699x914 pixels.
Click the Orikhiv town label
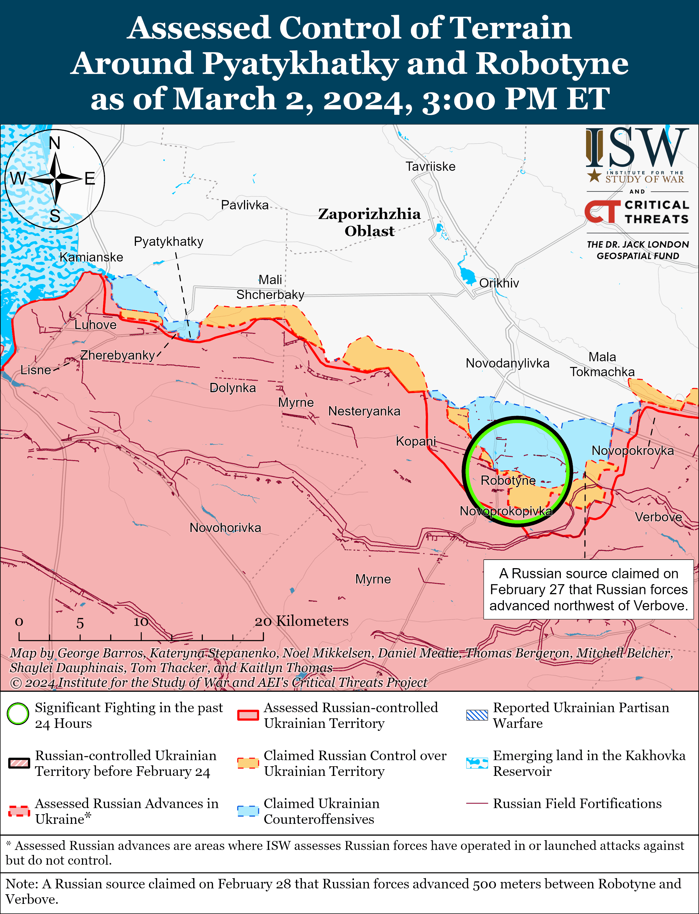tap(499, 283)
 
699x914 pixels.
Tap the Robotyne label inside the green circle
tap(508, 480)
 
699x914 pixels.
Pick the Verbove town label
tap(658, 517)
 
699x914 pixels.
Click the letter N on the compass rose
tap(55, 143)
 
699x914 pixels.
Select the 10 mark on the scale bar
tap(141, 622)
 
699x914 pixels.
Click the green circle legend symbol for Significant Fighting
tap(18, 714)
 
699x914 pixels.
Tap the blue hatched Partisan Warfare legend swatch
tap(477, 715)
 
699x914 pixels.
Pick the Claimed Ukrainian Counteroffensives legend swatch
tap(248, 811)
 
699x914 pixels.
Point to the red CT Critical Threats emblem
tap(602, 211)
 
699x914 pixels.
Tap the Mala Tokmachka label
tap(602, 365)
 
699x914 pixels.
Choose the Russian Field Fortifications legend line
tap(477, 803)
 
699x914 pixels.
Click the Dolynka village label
tap(232, 388)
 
